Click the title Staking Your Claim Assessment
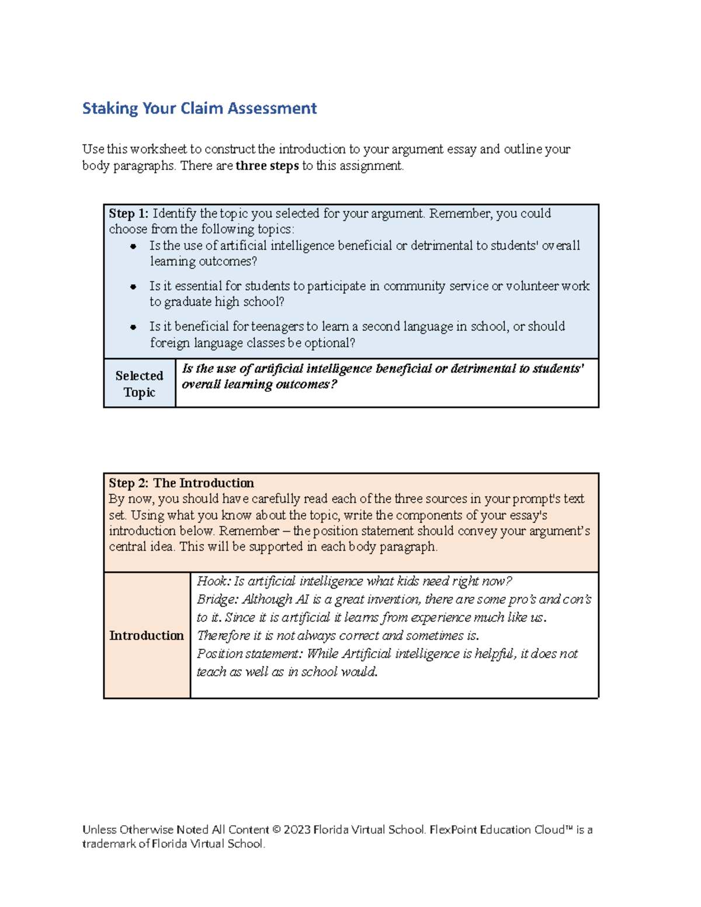pos(199,109)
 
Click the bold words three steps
pos(267,166)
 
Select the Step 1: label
pos(129,214)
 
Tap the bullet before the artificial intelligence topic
pos(133,246)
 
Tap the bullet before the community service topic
pos(133,287)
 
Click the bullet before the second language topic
pos(133,327)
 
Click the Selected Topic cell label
pos(139,384)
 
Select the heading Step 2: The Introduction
pos(181,483)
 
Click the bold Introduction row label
pos(146,635)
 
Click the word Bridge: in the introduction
pos(217,599)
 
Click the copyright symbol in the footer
pos(276,830)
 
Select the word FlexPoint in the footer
pos(453,830)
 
